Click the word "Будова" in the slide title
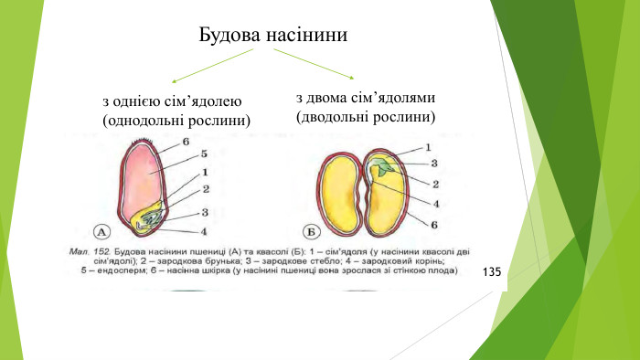pyautogui.click(x=229, y=37)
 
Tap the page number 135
pyautogui.click(x=492, y=273)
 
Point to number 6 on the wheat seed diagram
pyautogui.click(x=186, y=142)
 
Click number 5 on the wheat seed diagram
pyautogui.click(x=206, y=154)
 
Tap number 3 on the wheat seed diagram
pyautogui.click(x=206, y=212)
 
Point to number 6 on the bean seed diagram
pyautogui.click(x=435, y=224)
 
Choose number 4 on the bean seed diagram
pyautogui.click(x=435, y=204)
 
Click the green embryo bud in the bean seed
pyautogui.click(x=386, y=167)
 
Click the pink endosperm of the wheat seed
pyautogui.click(x=144, y=178)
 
